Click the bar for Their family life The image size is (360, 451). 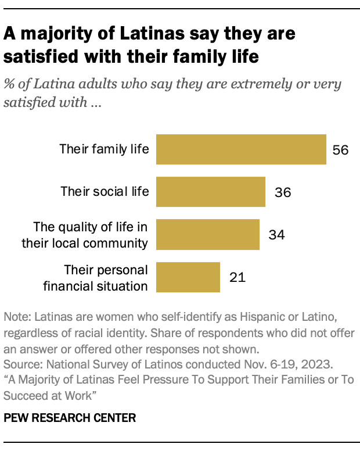click(242, 149)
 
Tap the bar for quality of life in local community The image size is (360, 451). click(208, 234)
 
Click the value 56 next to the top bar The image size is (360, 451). click(340, 149)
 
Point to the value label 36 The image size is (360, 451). click(282, 192)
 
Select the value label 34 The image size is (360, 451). click(276, 235)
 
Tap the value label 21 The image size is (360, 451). click(237, 277)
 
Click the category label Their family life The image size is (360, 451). click(105, 149)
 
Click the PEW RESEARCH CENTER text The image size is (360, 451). click(70, 417)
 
